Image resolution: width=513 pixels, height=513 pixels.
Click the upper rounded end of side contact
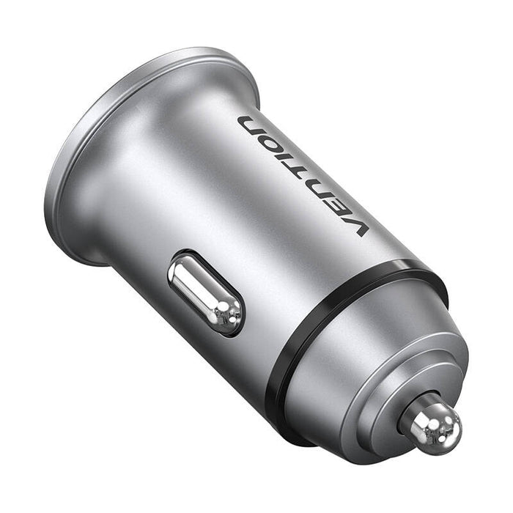click(183, 269)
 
